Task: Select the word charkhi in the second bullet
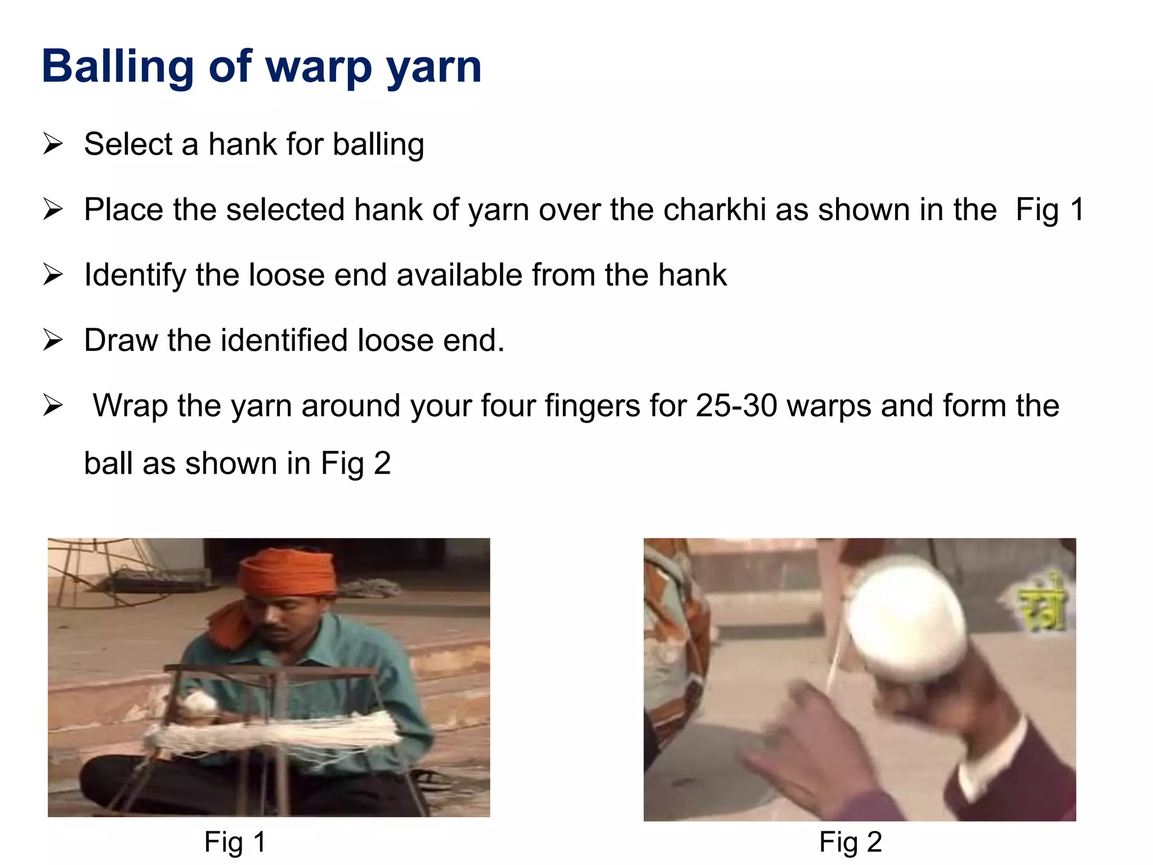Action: tap(714, 209)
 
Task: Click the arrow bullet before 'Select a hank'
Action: tap(52, 144)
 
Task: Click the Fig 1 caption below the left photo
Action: tap(235, 842)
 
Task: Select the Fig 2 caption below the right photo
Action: tap(850, 842)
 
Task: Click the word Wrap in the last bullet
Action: tap(130, 405)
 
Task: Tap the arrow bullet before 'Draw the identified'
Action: tap(52, 340)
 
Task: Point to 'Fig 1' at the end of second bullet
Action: tap(1050, 209)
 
